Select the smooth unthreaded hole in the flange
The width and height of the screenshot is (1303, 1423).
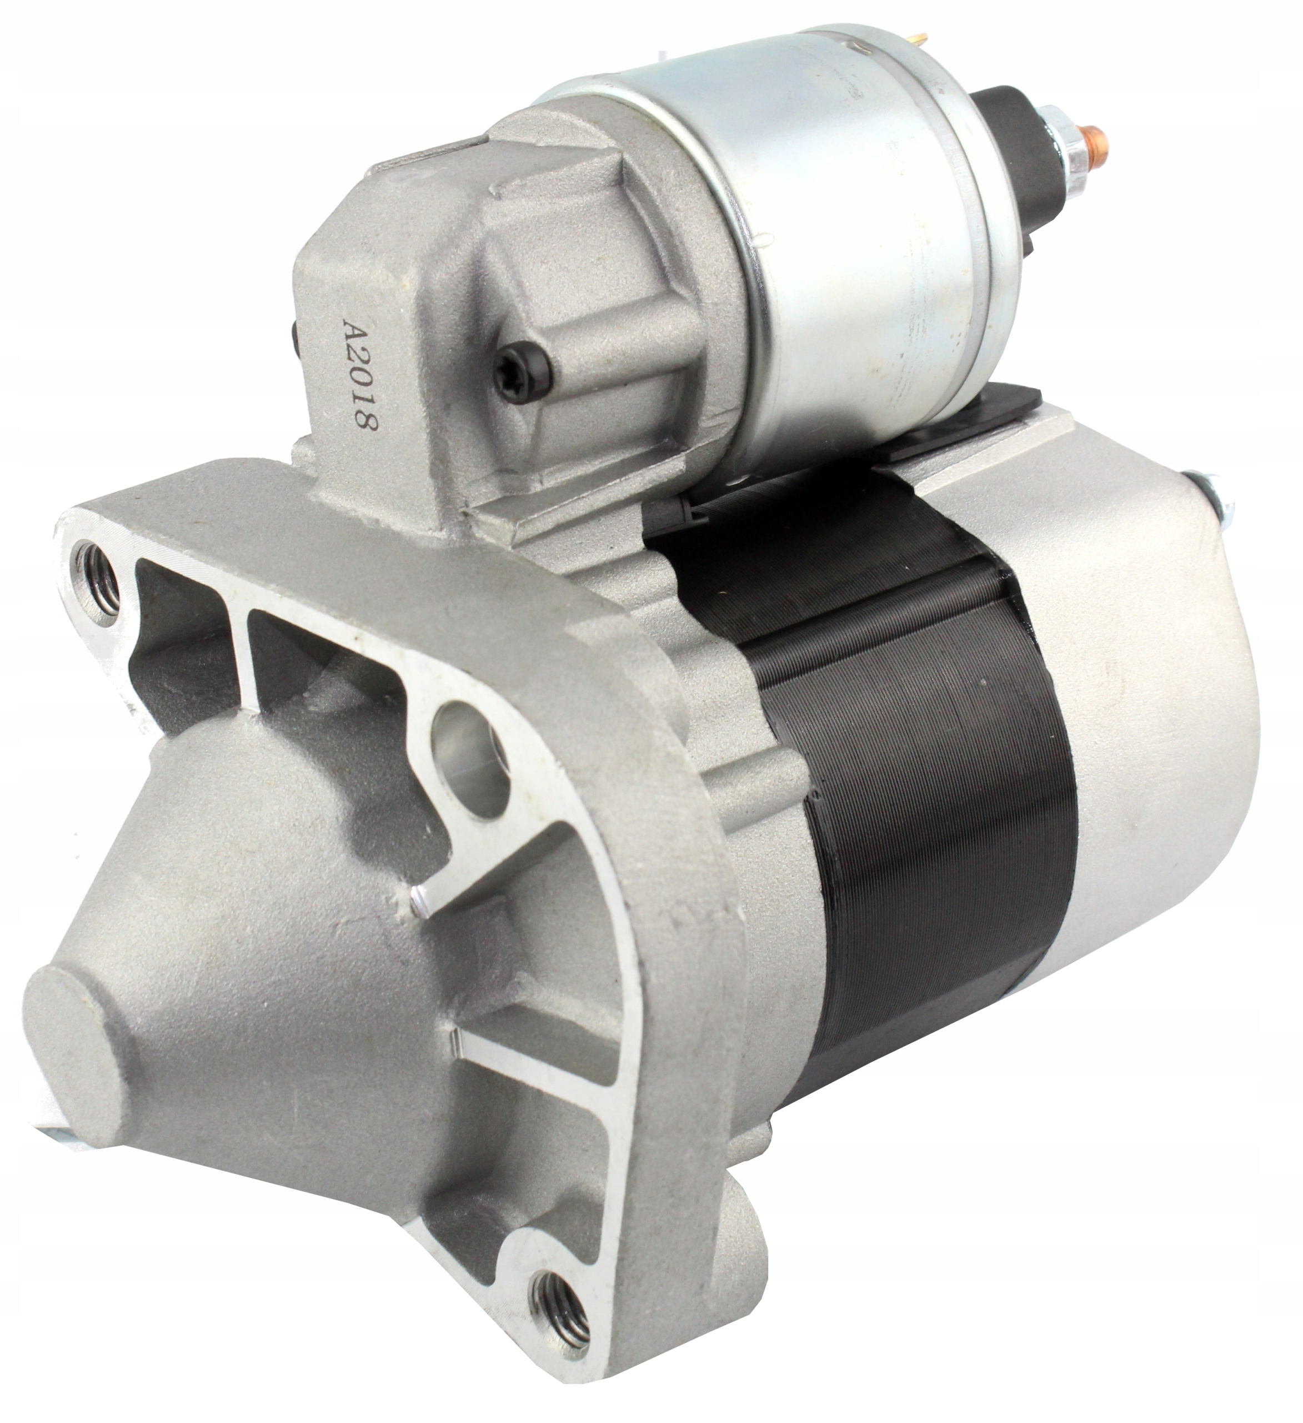point(471,761)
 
